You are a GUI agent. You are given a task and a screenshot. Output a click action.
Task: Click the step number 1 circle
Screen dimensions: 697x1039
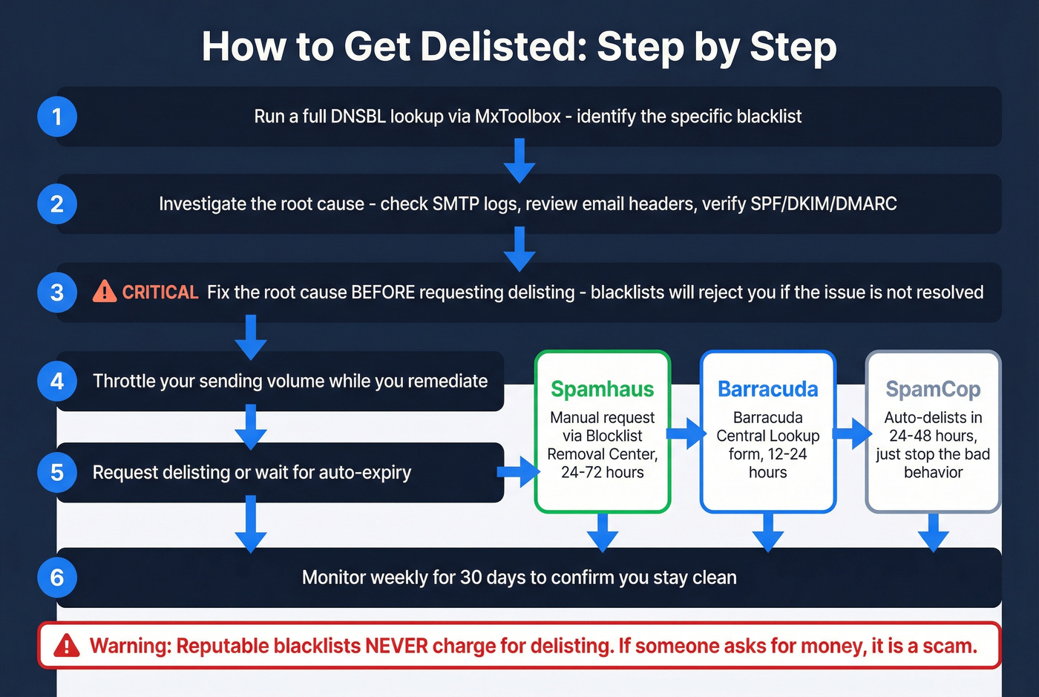click(x=57, y=117)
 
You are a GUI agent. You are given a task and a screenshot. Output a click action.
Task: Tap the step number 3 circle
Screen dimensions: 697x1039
click(x=57, y=292)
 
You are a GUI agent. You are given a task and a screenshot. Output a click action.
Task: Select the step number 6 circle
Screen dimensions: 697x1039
click(x=57, y=577)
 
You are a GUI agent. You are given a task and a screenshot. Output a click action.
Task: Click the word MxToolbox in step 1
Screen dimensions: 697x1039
click(x=517, y=117)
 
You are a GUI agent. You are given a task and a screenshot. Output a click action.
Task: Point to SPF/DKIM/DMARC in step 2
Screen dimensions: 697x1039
click(x=823, y=204)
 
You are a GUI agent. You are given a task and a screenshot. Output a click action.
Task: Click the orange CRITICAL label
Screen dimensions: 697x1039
click(x=160, y=292)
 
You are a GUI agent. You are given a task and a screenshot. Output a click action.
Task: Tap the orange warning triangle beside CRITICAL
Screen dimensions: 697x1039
click(x=105, y=292)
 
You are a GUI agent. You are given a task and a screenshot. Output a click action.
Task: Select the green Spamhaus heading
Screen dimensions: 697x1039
click(x=602, y=389)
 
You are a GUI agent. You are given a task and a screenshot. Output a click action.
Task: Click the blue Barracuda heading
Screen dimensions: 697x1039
click(x=767, y=389)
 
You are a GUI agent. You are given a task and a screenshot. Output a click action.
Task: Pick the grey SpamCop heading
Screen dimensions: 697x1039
click(x=933, y=389)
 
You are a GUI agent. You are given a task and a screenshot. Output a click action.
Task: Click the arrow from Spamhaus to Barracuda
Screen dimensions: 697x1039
click(x=686, y=433)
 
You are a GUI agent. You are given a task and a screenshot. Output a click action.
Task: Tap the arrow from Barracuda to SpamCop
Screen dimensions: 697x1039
click(x=851, y=433)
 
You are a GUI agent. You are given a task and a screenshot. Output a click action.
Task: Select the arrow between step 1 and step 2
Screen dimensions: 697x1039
click(x=519, y=160)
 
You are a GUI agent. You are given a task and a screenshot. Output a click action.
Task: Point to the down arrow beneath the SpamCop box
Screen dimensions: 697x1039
click(x=933, y=531)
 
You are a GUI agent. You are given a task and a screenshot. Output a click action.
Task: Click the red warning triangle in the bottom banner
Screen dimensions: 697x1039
click(x=67, y=646)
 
